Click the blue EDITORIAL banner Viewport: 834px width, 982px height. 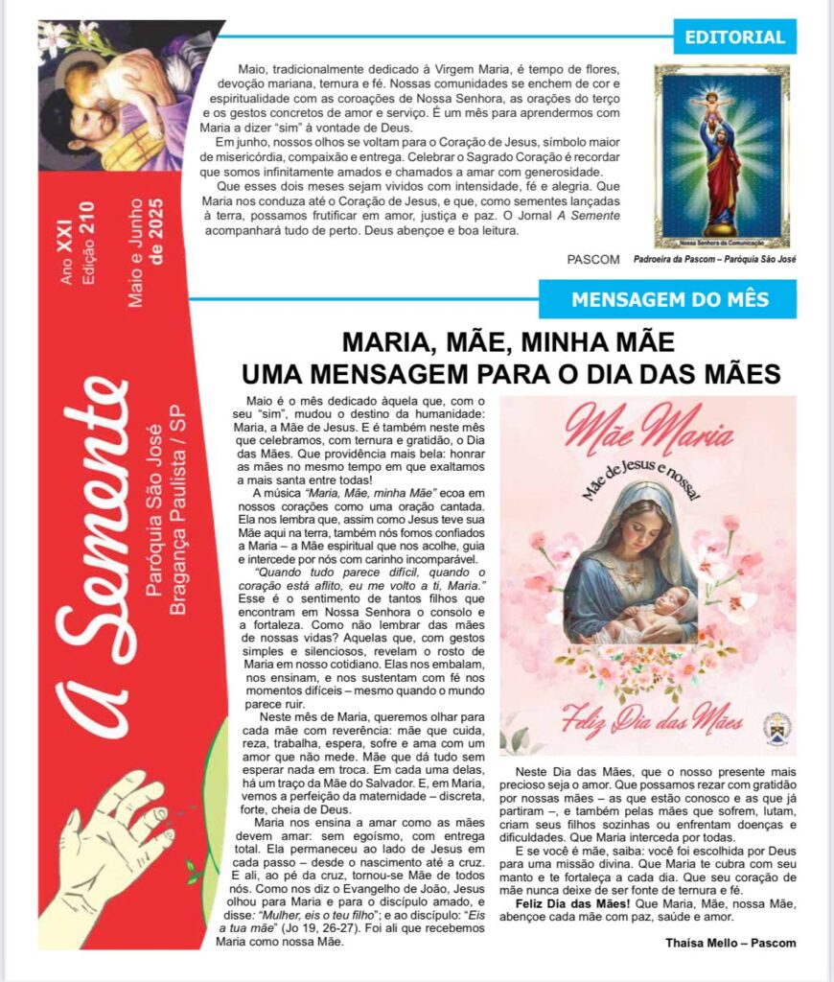734,37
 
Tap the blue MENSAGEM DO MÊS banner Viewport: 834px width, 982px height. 669,299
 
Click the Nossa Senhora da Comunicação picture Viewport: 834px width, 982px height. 722,156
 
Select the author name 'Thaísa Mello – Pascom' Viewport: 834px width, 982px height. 730,942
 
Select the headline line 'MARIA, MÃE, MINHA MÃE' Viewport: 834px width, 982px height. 509,342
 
